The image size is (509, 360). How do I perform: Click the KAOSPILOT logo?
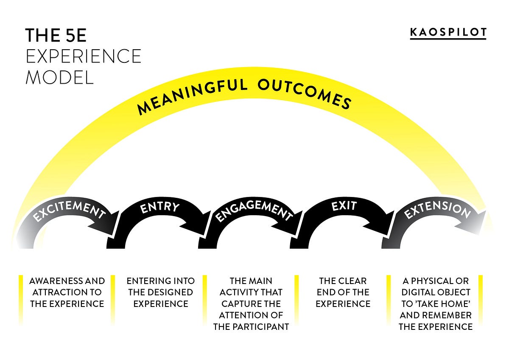tap(448, 32)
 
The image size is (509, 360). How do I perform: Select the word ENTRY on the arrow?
tap(159, 208)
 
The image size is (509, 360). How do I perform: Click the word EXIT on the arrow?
tap(344, 207)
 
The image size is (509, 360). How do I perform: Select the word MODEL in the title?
tap(59, 78)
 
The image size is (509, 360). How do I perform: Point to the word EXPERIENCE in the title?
tap(83, 56)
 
